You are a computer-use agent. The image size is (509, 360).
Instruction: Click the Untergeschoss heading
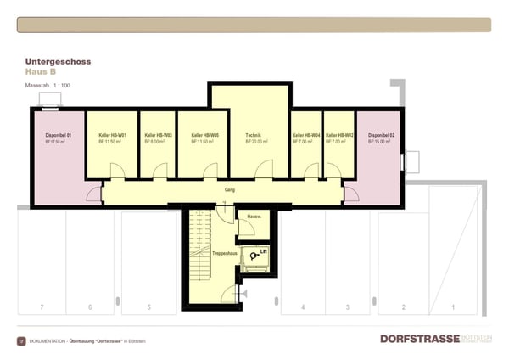58,62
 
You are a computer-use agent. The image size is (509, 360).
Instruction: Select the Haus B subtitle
42,72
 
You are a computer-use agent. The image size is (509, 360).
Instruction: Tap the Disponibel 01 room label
58,136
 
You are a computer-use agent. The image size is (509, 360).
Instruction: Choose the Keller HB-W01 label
112,136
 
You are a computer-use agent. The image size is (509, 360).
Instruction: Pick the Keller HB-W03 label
159,136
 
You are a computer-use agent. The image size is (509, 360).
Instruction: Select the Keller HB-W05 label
205,136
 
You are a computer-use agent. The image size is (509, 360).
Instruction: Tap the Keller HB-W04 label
305,136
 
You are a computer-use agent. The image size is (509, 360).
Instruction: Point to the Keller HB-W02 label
339,136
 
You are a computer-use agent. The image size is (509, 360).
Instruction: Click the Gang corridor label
230,190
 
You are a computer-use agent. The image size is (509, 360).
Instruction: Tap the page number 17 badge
21,340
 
